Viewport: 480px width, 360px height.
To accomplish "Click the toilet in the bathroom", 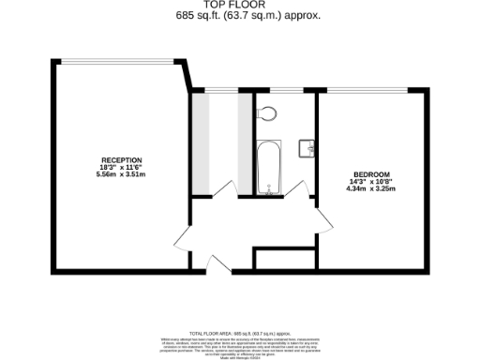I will tap(269, 115).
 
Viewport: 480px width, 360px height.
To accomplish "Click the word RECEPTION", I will tap(121, 159).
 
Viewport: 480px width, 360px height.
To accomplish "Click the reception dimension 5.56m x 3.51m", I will tap(121, 173).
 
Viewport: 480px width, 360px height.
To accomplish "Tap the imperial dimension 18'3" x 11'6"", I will tap(121, 167).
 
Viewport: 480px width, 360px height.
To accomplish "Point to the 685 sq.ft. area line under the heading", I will tap(241, 16).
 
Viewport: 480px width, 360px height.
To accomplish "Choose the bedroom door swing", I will tap(323, 217).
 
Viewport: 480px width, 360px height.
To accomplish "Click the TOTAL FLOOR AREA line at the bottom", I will tap(241, 333).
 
